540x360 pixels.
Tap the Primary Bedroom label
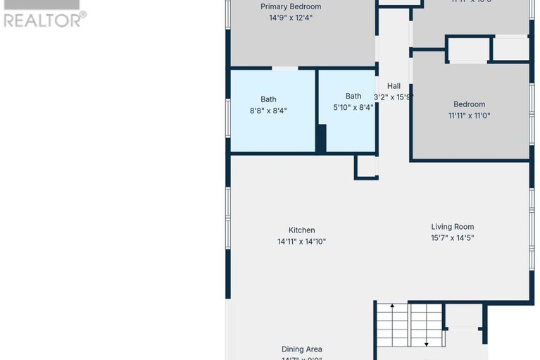coord(291,7)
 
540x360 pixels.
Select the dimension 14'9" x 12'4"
coord(291,18)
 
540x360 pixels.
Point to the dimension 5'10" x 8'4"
coord(353,108)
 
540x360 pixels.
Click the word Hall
coord(394,86)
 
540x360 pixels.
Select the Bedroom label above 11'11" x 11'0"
coord(469,104)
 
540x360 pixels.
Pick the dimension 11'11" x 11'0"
coord(469,116)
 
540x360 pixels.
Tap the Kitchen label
coord(301,230)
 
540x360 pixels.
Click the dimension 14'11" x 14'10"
coord(301,242)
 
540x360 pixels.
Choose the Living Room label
coord(452,227)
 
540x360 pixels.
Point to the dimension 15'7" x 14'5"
coord(452,238)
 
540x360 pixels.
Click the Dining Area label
coord(301,349)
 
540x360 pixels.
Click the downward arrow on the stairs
coord(427,343)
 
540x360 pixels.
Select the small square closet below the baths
coord(366,166)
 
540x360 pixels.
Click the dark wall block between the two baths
coord(321,138)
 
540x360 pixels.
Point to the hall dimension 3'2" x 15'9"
coord(394,97)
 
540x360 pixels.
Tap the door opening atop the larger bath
coord(284,68)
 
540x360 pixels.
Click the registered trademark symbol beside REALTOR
coord(83,14)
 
